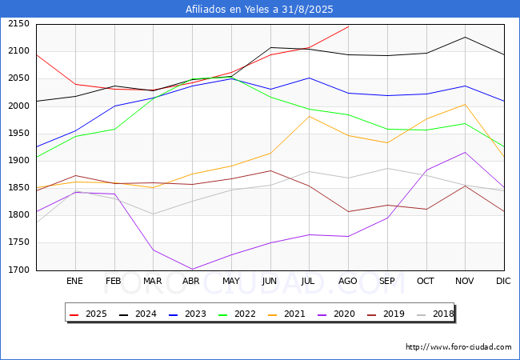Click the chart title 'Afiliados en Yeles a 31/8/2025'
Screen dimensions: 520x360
[x=259, y=10]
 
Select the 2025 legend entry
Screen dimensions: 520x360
[x=88, y=314]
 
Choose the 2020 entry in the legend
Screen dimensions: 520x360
[x=336, y=314]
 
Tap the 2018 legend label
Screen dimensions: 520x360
[x=435, y=314]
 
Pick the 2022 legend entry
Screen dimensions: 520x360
[x=237, y=314]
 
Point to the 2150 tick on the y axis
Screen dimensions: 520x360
[x=18, y=24]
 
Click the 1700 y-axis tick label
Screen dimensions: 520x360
[x=18, y=270]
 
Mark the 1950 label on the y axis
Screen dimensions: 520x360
[x=18, y=134]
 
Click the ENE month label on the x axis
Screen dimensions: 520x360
[x=74, y=281]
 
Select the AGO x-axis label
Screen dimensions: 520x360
[x=347, y=281]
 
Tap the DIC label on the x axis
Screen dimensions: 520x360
[x=503, y=281]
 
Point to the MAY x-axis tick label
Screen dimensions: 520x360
[x=231, y=281]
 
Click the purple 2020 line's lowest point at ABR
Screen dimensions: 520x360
[x=192, y=269]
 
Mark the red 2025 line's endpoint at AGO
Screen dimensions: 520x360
[x=348, y=26]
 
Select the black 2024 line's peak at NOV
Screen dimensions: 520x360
[x=465, y=37]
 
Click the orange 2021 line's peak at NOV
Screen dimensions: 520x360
[x=465, y=105]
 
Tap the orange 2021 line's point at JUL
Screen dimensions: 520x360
[x=309, y=116]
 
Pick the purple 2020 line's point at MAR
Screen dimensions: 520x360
[x=154, y=250]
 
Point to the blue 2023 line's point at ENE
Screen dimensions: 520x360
[x=76, y=130]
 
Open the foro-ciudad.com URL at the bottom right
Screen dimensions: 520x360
[x=458, y=347]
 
